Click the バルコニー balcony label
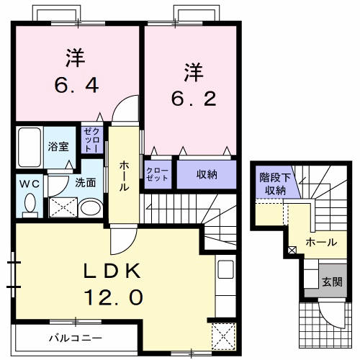pos(76,337)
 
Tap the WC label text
pos(29,184)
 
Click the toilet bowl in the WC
pos(30,204)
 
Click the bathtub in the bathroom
pos(29,147)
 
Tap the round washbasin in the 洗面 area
pos(90,208)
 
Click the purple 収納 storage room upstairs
pos(207,174)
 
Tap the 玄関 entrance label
pos(331,282)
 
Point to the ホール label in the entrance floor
pos(320,243)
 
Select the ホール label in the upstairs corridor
pos(124,176)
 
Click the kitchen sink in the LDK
pos(225,271)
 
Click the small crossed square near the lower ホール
pos(292,251)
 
